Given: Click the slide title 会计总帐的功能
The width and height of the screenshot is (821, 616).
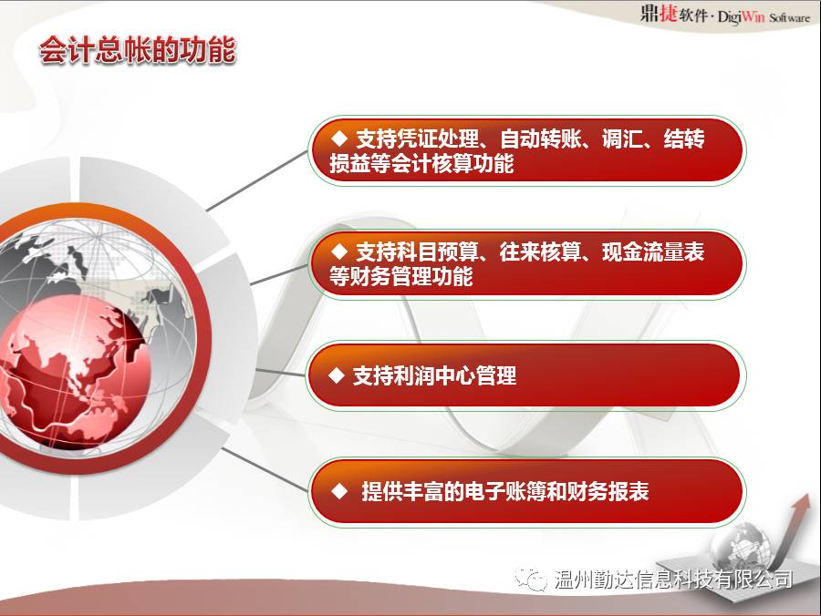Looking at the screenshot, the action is pyautogui.click(x=138, y=51).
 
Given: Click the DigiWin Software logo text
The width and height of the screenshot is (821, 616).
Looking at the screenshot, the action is pyautogui.click(x=764, y=16).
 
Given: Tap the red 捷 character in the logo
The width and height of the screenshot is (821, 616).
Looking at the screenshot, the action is pyautogui.click(x=668, y=13).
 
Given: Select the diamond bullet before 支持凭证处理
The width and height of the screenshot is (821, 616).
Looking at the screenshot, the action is pyautogui.click(x=340, y=138).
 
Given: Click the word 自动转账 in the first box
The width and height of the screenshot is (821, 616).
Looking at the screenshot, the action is pyautogui.click(x=540, y=139).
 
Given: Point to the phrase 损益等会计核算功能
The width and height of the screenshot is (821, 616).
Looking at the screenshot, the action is pyautogui.click(x=421, y=164).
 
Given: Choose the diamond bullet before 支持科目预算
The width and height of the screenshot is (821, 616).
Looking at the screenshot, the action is pyautogui.click(x=340, y=252).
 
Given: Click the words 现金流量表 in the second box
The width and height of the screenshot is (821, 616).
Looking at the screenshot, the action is pyautogui.click(x=653, y=252).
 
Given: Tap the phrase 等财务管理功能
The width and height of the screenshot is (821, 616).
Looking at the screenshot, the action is pyautogui.click(x=401, y=276).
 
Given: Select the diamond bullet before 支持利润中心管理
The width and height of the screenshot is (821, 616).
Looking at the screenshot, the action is pyautogui.click(x=336, y=375).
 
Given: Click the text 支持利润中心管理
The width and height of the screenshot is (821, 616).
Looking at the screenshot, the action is pyautogui.click(x=434, y=375).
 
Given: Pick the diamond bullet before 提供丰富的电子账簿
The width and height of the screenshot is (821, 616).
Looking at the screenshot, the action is pyautogui.click(x=340, y=491).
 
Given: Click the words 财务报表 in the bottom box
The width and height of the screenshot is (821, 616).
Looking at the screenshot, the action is pyautogui.click(x=608, y=491).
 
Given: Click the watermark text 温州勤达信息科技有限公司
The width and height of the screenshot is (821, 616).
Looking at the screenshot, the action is pyautogui.click(x=673, y=580).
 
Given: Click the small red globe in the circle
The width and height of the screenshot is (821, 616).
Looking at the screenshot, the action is pyautogui.click(x=73, y=371).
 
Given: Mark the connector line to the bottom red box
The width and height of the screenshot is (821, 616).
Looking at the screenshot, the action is pyautogui.click(x=265, y=469).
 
